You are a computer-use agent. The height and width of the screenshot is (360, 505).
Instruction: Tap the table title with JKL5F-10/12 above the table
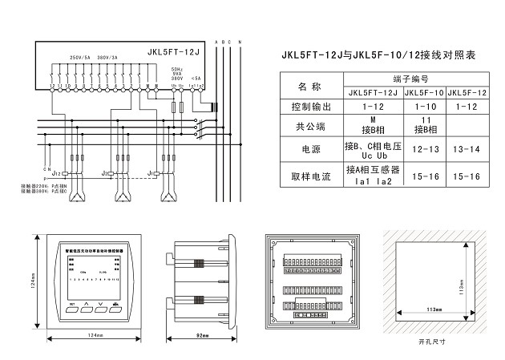point(378,56)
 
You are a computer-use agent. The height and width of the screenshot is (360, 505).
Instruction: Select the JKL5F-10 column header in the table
point(424,92)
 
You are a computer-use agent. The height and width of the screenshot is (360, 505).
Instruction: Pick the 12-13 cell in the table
point(424,148)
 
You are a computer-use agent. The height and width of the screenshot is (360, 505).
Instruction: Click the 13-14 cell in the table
point(467,148)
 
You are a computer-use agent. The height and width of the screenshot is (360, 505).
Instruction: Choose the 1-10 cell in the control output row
point(424,107)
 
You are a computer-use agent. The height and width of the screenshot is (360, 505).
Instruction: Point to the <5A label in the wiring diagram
point(197,77)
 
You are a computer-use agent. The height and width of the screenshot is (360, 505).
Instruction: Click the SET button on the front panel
point(71,305)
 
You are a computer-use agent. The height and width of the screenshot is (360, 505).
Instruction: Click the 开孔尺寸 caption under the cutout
point(434,341)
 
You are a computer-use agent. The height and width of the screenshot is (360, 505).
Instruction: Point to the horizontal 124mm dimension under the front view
point(95,334)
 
